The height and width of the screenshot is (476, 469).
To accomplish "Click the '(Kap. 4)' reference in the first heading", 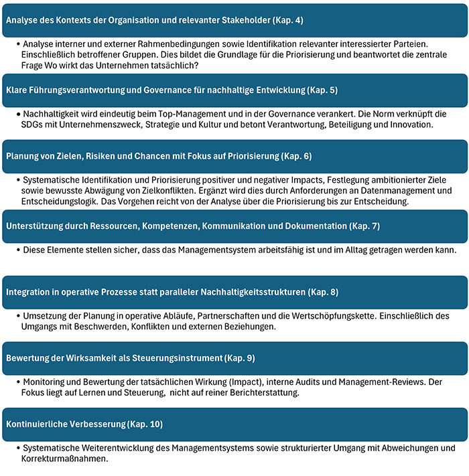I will pos(285,20).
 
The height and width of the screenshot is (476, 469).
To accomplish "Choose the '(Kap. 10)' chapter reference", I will pos(146,424).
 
